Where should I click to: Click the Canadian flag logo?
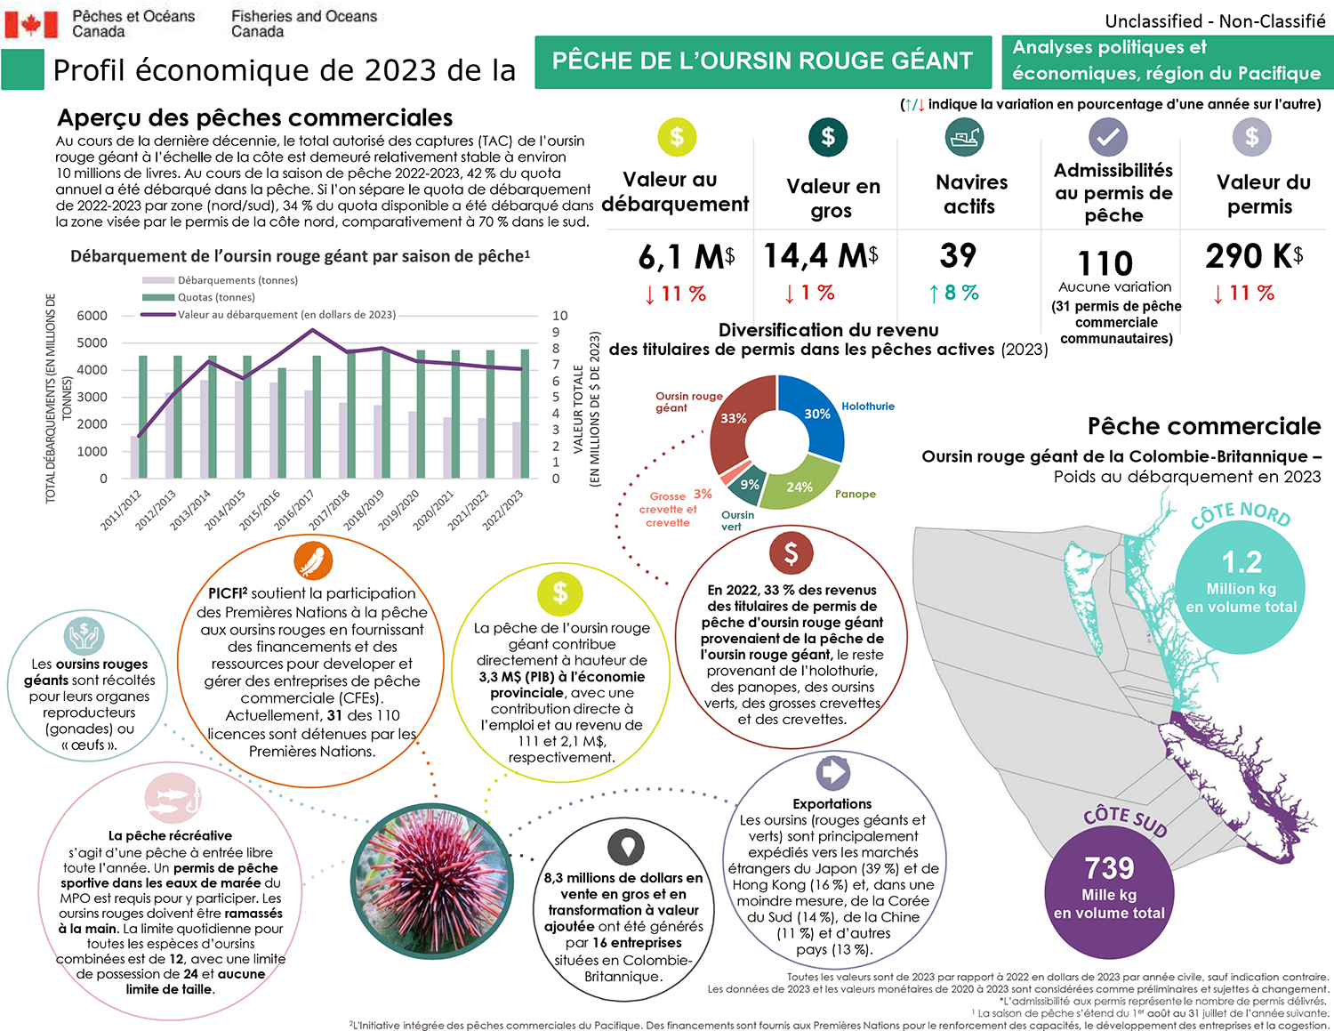[x=31, y=24]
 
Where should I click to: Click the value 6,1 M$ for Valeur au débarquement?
[x=686, y=257]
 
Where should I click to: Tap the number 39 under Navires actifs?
[x=958, y=256]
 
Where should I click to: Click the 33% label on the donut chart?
[x=734, y=418]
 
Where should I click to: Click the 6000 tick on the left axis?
[x=92, y=316]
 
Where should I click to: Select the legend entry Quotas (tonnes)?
[x=215, y=297]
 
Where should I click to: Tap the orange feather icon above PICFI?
[x=313, y=561]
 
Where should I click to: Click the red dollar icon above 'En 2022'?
[x=791, y=553]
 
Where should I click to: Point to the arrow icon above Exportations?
[x=833, y=771]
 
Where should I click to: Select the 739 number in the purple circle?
[x=1109, y=867]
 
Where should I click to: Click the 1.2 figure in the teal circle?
[x=1242, y=562]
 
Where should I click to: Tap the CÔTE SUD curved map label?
[x=1125, y=820]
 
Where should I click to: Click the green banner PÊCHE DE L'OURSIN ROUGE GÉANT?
[x=762, y=61]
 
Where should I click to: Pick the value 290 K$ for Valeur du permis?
[x=1254, y=257]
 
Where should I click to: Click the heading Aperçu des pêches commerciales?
[x=255, y=117]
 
